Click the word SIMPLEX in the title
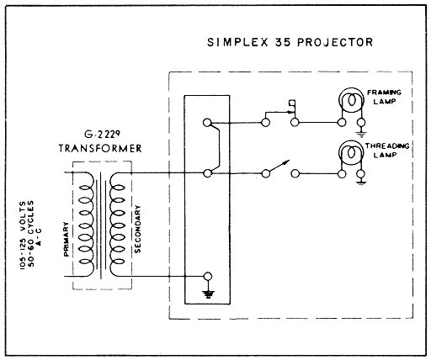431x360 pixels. pos(237,42)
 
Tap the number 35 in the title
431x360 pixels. pos(282,42)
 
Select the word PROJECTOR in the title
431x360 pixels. pos(335,42)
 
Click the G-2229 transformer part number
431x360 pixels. pos(103,135)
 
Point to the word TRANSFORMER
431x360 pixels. pos(100,148)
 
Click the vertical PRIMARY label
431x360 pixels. pos(67,239)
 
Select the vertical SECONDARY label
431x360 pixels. pos(137,229)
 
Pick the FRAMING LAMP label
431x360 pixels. pos(384,97)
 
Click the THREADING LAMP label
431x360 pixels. pos(387,151)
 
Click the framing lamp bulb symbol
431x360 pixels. pos(351,100)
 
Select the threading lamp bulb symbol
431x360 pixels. pos(351,153)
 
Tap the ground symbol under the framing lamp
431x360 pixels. pos(361,135)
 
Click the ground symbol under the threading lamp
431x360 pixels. pos(361,183)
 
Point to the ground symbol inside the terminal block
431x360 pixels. pos(208,294)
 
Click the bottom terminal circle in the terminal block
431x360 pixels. pos(207,277)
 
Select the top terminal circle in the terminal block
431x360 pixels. pos(207,123)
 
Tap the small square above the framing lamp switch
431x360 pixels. pos(292,103)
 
